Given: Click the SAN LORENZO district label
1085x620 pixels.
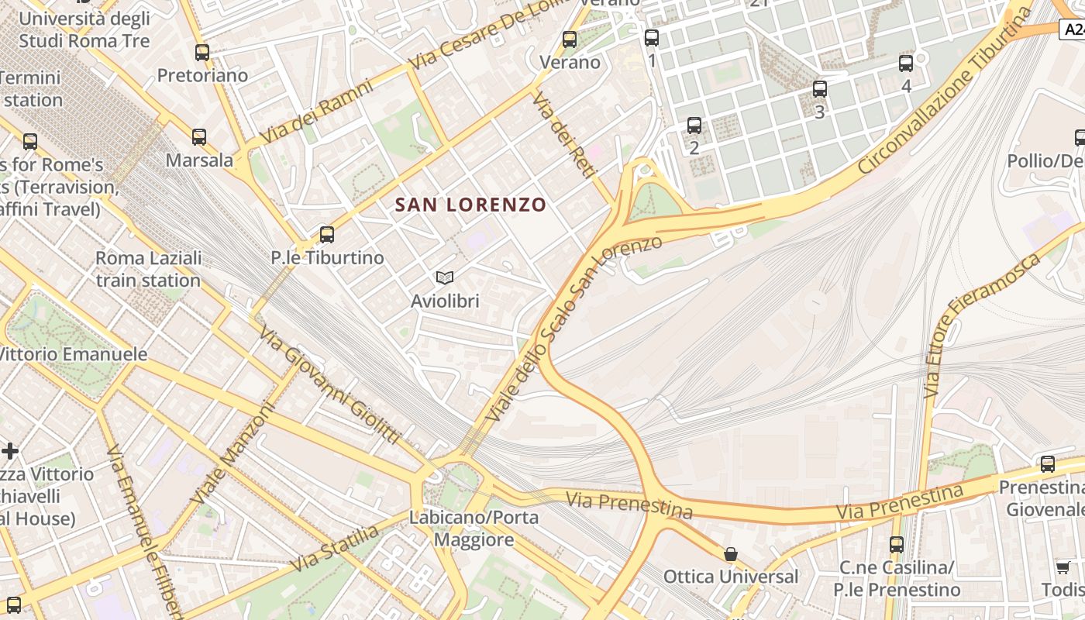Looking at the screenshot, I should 470,205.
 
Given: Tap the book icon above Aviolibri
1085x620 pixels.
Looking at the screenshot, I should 445,277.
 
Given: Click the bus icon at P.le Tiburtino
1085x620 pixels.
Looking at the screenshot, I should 327,234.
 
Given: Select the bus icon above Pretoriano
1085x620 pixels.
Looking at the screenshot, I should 202,53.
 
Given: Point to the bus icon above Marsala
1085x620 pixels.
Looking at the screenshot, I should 199,137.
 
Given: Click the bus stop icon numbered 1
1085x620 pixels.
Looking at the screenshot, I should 652,37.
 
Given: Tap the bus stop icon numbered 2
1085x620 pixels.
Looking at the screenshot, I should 694,125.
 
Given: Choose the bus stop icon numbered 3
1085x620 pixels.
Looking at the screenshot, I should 820,89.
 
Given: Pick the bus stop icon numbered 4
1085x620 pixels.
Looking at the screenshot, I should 906,64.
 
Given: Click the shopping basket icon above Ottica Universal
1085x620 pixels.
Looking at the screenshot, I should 730,554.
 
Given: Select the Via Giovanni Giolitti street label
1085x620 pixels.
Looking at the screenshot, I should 330,385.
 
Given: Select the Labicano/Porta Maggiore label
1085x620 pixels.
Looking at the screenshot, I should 474,529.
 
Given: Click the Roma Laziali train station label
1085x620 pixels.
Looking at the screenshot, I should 148,269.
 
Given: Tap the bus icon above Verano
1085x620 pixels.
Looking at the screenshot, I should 570,40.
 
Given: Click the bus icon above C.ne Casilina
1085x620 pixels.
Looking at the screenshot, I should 897,544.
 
